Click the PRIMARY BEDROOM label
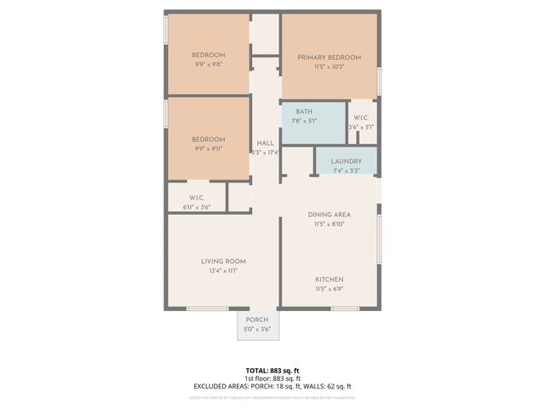tap(329, 57)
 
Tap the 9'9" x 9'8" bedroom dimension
tap(208, 64)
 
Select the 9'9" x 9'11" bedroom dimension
tap(208, 148)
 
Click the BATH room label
tap(304, 112)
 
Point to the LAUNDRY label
tap(347, 161)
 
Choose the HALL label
tap(265, 143)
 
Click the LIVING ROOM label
tap(223, 261)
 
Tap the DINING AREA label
tap(329, 215)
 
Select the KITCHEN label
tap(329, 279)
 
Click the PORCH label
tap(257, 320)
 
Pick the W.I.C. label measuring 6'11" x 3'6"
tap(196, 198)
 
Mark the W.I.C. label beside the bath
tap(360, 118)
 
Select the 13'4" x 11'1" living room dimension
tap(223, 270)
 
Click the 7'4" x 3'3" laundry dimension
tap(347, 170)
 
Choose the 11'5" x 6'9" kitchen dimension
tap(329, 289)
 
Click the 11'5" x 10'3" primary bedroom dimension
tap(329, 66)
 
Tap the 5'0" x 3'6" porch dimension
tap(257, 329)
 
